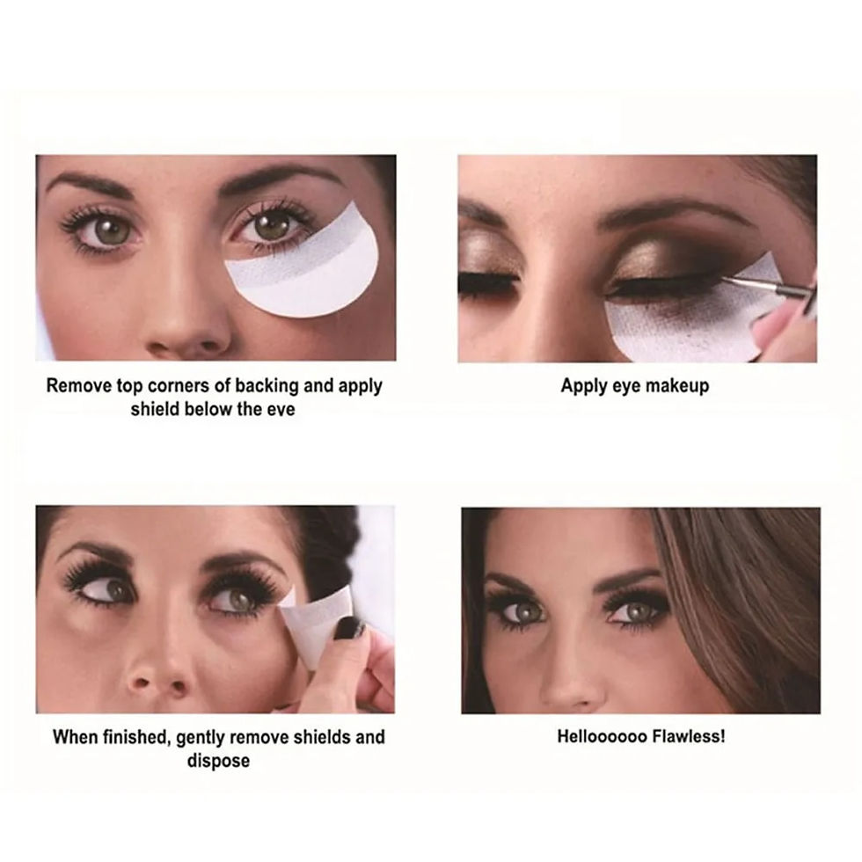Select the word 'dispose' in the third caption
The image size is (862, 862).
(218, 760)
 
